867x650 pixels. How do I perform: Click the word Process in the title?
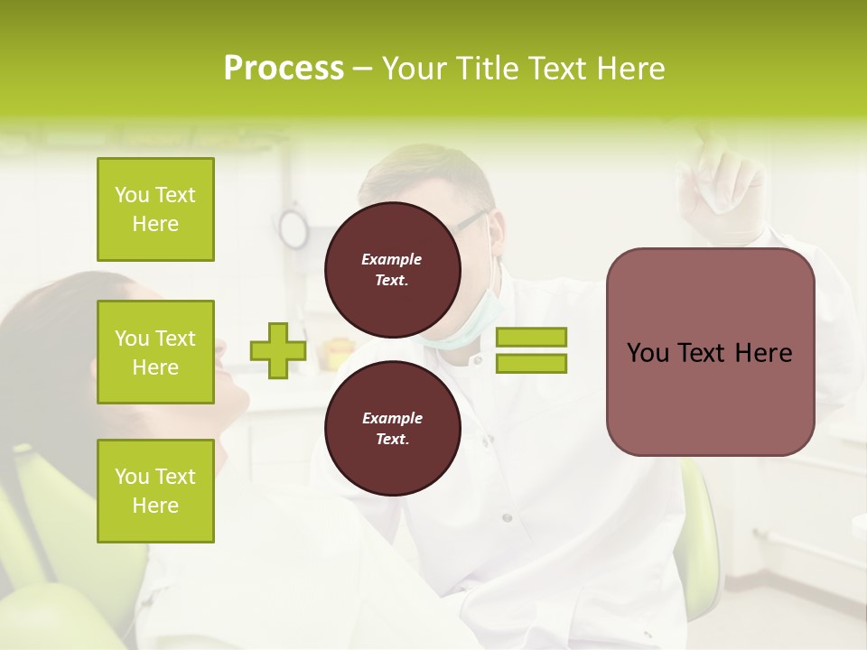click(x=284, y=69)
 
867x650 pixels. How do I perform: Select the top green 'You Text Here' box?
click(x=155, y=209)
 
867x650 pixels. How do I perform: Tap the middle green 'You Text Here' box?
click(x=155, y=352)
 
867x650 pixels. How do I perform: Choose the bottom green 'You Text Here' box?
click(x=155, y=491)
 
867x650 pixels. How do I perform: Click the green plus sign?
click(x=278, y=350)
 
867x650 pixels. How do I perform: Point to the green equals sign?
click(x=531, y=350)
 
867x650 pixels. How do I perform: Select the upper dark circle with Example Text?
click(x=392, y=269)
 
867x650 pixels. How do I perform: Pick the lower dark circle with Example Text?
click(x=392, y=428)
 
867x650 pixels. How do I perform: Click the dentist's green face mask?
click(x=470, y=320)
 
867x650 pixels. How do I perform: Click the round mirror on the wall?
click(x=293, y=228)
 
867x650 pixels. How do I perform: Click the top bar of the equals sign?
click(x=531, y=338)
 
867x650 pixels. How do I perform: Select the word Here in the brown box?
click(x=763, y=353)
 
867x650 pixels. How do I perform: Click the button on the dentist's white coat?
click(x=507, y=517)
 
